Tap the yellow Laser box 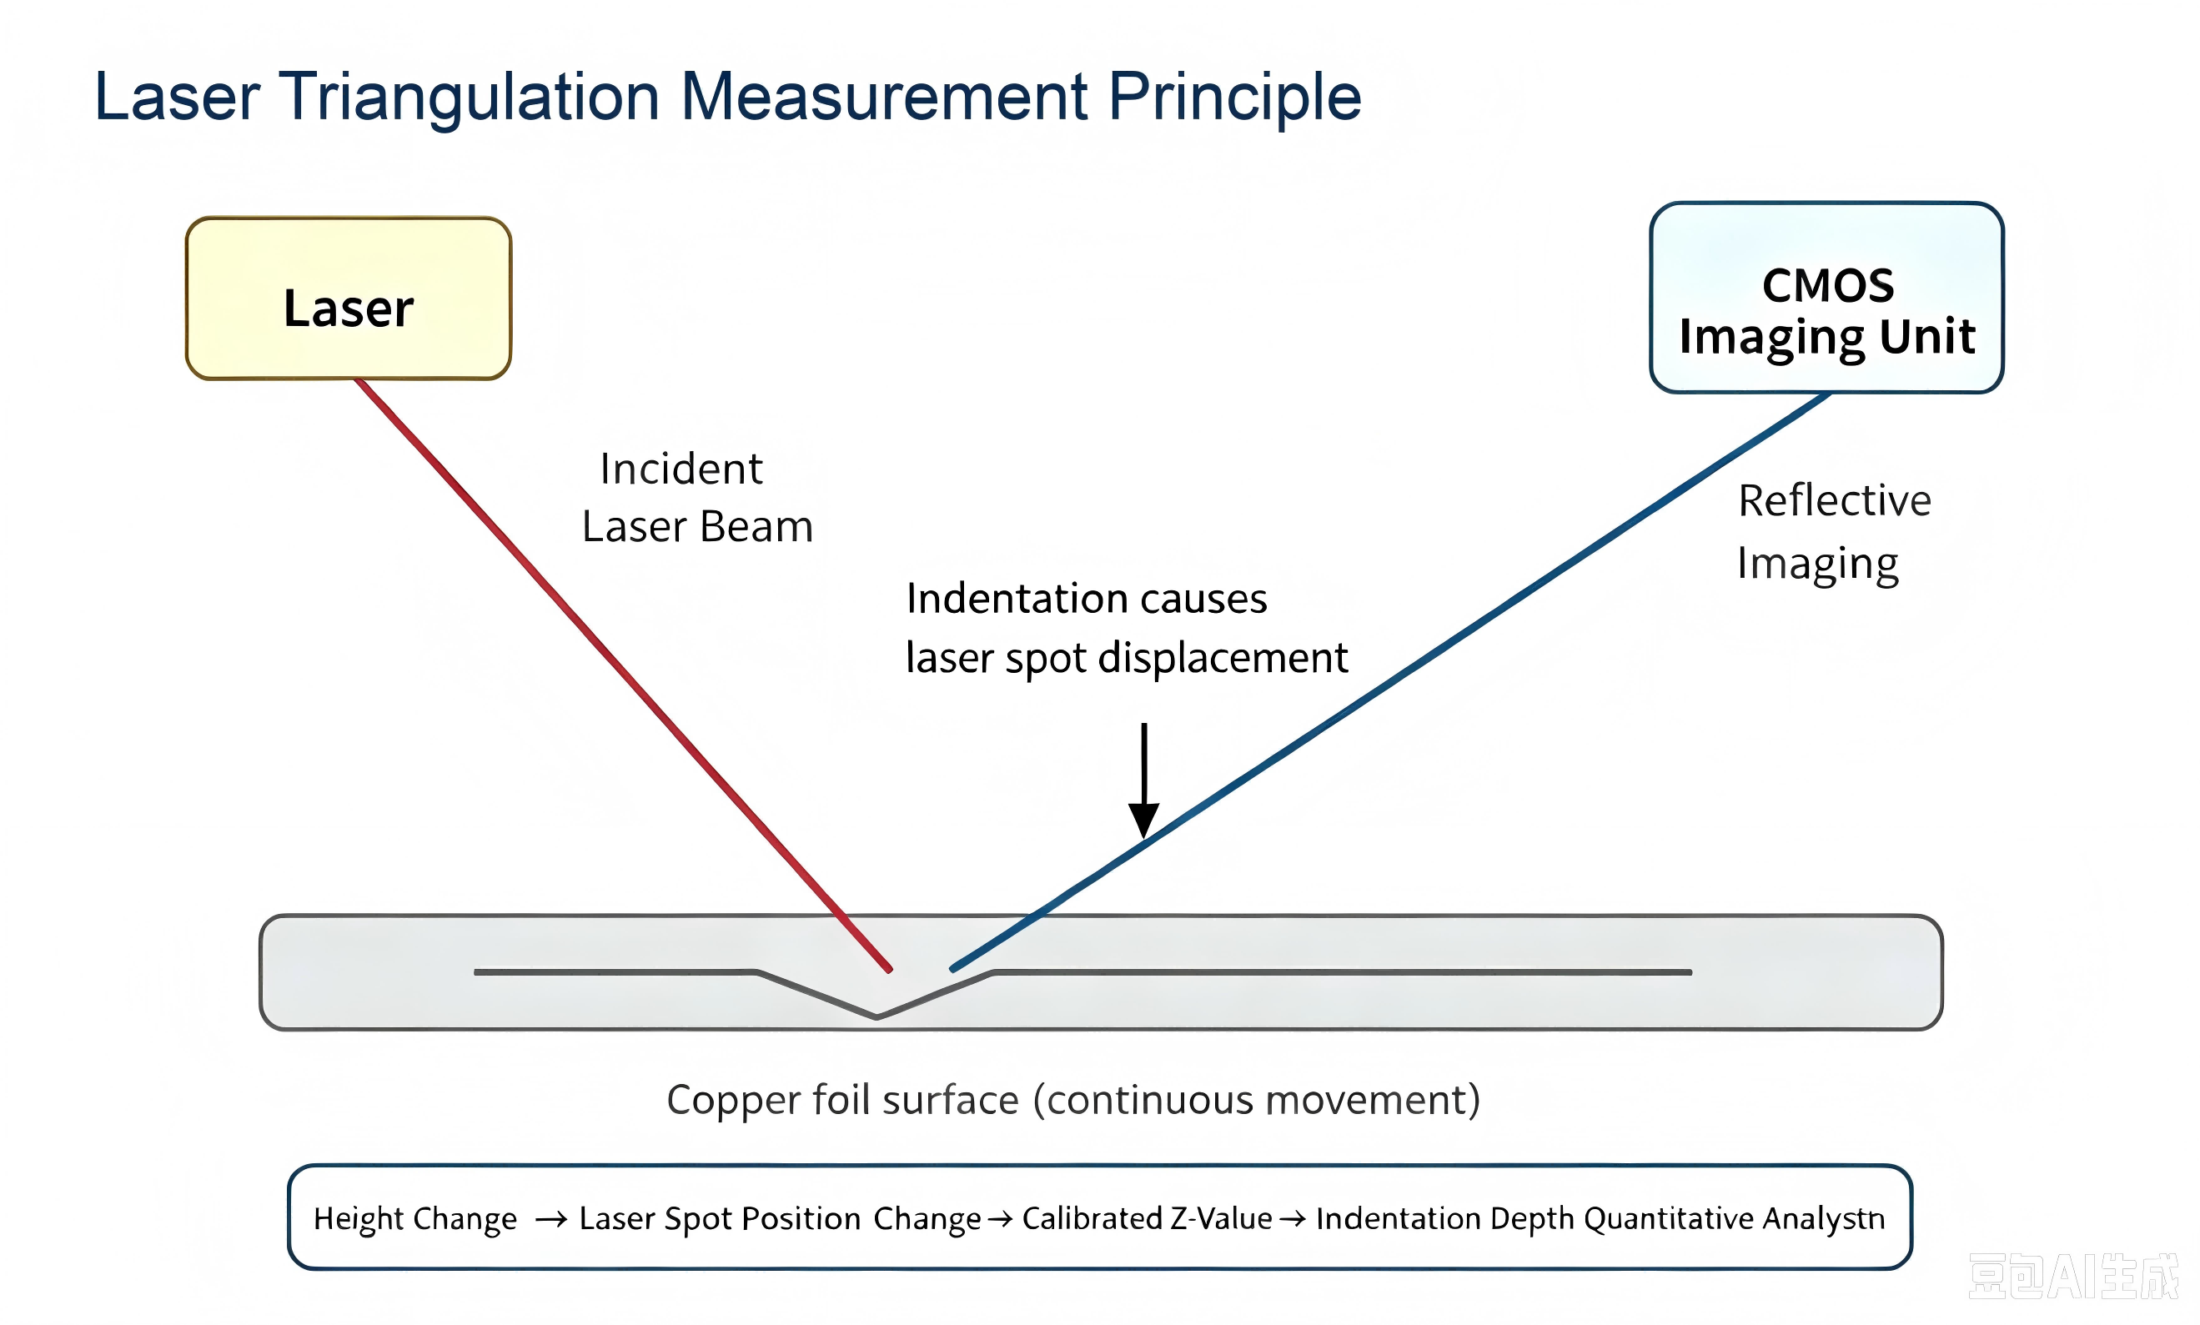[x=349, y=299]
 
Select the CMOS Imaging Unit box [x=1826, y=298]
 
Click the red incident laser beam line [x=623, y=675]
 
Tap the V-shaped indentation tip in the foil [x=876, y=1016]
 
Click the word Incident [x=681, y=469]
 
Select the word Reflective [x=1834, y=500]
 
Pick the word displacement [x=1223, y=658]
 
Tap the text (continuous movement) [x=1256, y=1100]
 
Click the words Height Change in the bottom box [x=415, y=1219]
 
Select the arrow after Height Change [x=551, y=1220]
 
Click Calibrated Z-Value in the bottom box [x=1147, y=1219]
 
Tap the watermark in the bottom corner [x=2073, y=1277]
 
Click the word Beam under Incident [x=756, y=527]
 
